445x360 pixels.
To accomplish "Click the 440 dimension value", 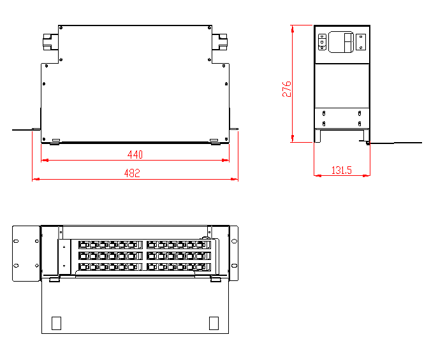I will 135,155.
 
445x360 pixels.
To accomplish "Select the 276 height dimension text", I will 287,89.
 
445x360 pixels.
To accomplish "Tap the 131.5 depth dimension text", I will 342,170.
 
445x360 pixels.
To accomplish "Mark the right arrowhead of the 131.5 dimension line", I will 367,176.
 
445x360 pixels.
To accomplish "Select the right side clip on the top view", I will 221,41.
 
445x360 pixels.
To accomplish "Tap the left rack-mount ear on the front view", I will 26,253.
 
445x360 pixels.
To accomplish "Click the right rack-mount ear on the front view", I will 233,253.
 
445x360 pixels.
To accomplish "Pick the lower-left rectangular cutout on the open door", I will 56,323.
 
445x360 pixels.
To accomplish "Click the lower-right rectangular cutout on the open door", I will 215,323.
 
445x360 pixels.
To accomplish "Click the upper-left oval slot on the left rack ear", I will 17,241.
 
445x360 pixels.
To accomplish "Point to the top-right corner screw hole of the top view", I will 209,28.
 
